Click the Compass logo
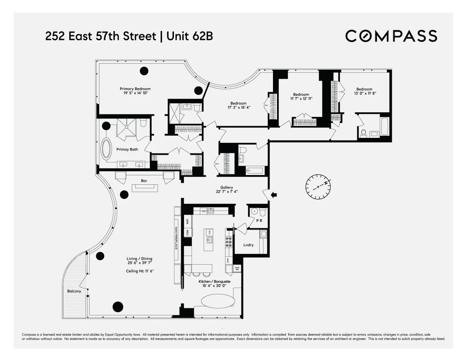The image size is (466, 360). click(391, 36)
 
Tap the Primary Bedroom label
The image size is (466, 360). click(135, 89)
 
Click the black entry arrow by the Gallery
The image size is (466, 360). click(274, 195)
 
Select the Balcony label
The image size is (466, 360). click(74, 291)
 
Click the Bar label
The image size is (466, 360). click(144, 181)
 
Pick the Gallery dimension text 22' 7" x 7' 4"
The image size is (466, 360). click(226, 191)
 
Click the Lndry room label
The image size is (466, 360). click(249, 245)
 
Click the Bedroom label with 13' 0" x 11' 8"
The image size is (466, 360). click(364, 89)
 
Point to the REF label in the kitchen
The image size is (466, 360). click(187, 221)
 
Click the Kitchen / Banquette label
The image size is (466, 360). click(214, 282)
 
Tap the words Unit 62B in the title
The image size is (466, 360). click(190, 37)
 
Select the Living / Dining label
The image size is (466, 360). click(139, 259)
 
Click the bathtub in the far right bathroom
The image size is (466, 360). click(385, 127)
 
